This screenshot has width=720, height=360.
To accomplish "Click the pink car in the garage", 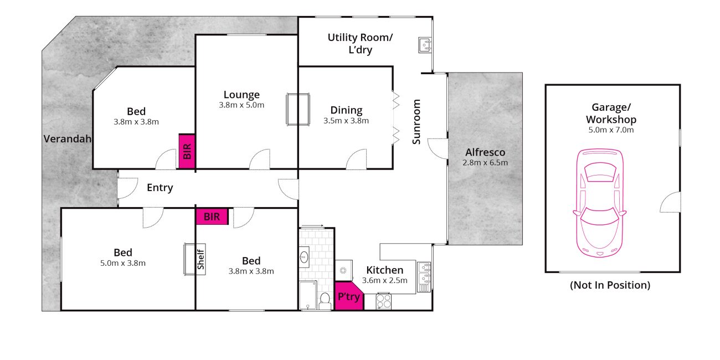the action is pyautogui.click(x=599, y=203).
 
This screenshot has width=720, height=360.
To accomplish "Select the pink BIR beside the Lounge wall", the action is pyautogui.click(x=187, y=151).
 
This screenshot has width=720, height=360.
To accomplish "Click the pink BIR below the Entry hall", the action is pyautogui.click(x=212, y=217).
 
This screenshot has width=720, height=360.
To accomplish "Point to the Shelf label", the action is pyautogui.click(x=200, y=259).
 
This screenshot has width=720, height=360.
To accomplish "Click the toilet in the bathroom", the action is pyautogui.click(x=325, y=301).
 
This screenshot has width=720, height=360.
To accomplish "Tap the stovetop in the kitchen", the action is pyautogui.click(x=383, y=301).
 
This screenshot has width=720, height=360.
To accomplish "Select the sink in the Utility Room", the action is pyautogui.click(x=425, y=45).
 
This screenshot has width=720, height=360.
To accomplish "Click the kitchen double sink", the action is pyautogui.click(x=424, y=277).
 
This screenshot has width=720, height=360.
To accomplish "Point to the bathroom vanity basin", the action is pyautogui.click(x=304, y=257).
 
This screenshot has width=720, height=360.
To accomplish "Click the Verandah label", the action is pyautogui.click(x=68, y=139).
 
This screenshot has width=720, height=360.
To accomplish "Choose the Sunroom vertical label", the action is pyautogui.click(x=416, y=122).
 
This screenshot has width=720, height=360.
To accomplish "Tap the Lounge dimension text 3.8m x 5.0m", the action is pyautogui.click(x=241, y=105).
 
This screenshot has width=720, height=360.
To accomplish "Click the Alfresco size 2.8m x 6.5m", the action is pyautogui.click(x=485, y=163).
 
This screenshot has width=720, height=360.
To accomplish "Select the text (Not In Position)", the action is pyautogui.click(x=610, y=285).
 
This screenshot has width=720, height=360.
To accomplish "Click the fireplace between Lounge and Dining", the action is pyautogui.click(x=298, y=109).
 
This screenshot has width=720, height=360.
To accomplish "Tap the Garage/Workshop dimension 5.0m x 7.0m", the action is pyautogui.click(x=611, y=130).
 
